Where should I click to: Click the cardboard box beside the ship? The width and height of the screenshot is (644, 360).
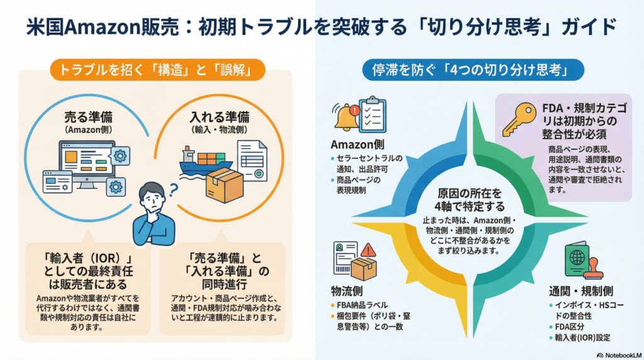coord(225,184)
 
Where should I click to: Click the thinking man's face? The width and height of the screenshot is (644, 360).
coord(152,200)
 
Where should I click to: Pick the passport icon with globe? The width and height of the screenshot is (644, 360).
coord(577,259)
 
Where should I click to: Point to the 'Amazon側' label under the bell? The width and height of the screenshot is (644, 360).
coord(354,143)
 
